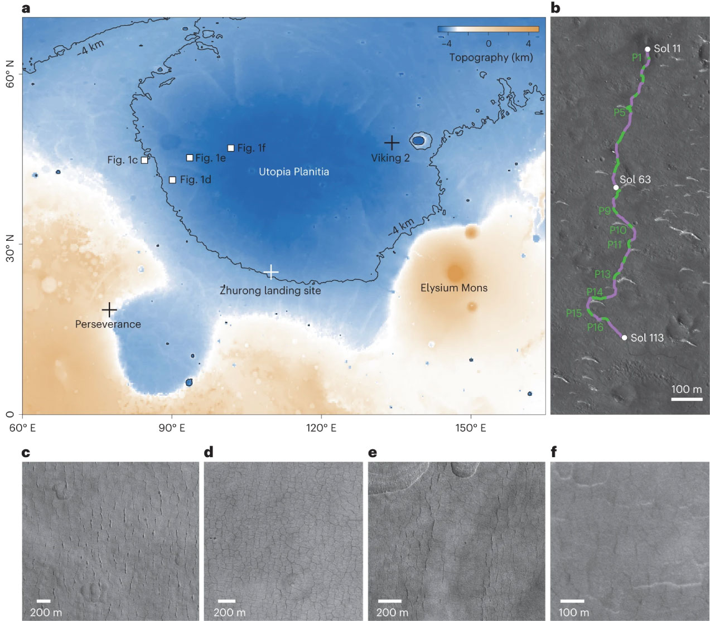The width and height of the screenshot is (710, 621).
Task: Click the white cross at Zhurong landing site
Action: coord(271,272)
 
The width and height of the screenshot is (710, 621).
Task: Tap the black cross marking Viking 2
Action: coord(392,143)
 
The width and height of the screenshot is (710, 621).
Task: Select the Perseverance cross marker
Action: coord(109,309)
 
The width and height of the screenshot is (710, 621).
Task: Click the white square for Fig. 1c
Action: coord(144,160)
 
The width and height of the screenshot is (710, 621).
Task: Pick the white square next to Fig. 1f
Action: coord(231,148)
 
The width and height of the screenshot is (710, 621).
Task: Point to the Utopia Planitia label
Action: coord(294,172)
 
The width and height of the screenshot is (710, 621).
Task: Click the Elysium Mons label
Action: coord(453,288)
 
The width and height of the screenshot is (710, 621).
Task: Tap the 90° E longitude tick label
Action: coord(172,428)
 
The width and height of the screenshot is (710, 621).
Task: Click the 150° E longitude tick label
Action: coord(471,428)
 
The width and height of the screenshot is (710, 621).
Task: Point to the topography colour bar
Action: coord(488,29)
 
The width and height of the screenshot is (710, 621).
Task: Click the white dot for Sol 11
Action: coord(647,49)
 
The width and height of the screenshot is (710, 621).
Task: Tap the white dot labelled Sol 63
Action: coord(616,187)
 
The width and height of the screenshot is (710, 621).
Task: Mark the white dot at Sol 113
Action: coord(624,337)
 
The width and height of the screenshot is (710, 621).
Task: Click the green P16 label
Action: coord(595,327)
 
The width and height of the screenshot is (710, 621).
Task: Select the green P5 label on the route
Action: coord(620,113)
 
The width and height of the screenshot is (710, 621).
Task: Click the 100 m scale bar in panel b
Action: coord(686,399)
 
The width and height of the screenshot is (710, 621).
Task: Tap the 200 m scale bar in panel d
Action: coord(226,601)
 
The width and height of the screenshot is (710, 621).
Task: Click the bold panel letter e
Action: coord(372,452)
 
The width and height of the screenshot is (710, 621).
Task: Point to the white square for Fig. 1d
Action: coord(172,179)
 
